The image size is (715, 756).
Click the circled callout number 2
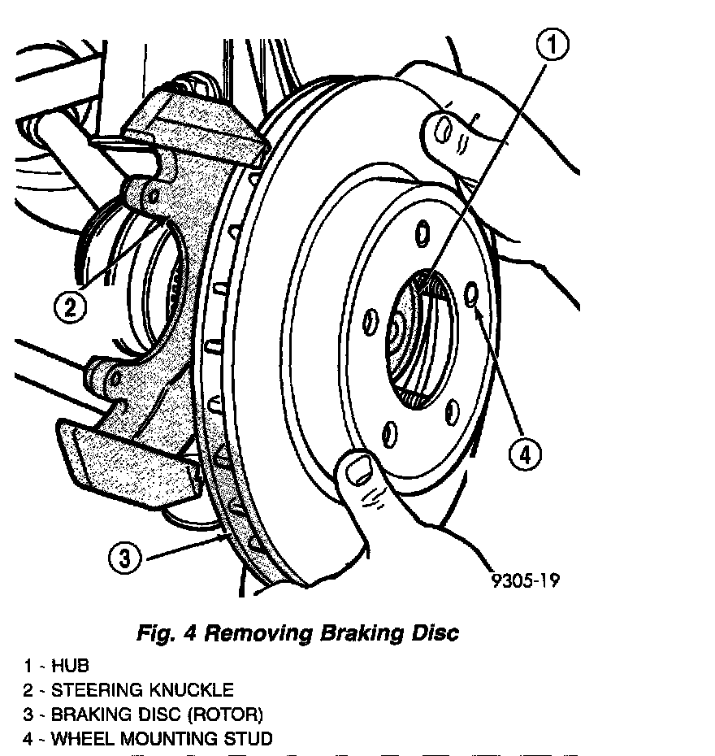point(71,307)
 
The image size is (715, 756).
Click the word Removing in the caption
point(255,634)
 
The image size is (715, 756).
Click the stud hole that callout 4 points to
point(472,294)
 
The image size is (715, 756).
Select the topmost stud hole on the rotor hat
point(422,234)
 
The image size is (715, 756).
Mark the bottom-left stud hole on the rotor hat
point(390,431)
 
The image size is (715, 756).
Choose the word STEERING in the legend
point(96,690)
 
